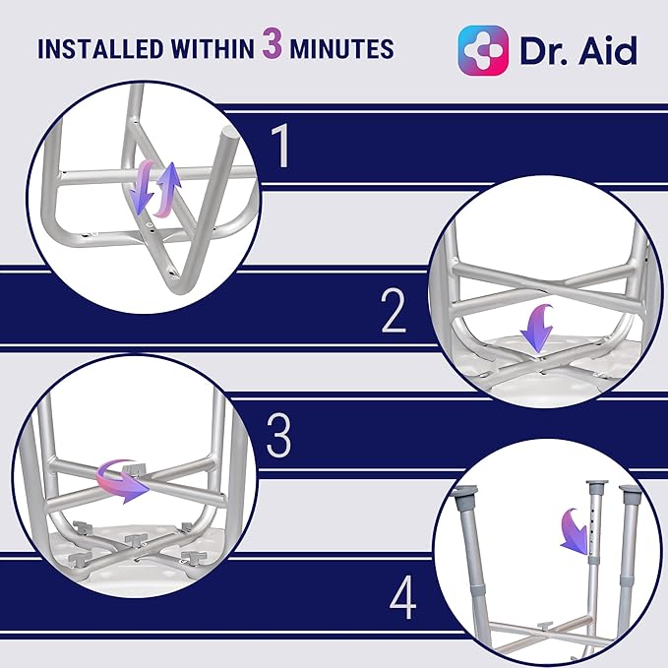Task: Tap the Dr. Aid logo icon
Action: pos(483,50)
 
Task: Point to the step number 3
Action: pos(279,437)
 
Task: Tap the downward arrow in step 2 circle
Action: pos(535,327)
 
